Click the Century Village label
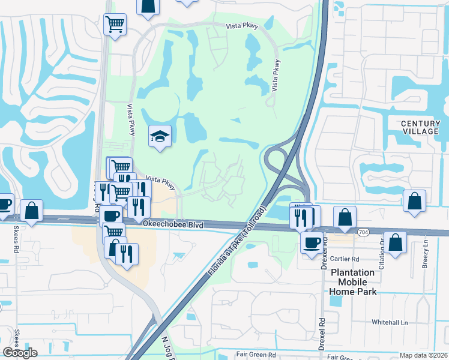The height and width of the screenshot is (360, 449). click(x=420, y=127)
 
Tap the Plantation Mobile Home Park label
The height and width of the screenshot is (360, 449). click(x=353, y=282)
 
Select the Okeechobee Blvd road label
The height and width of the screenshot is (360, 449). click(x=173, y=224)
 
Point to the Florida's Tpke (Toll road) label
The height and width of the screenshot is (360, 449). click(x=237, y=241)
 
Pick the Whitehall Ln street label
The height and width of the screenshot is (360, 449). click(x=390, y=322)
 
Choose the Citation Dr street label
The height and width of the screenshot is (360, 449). click(x=381, y=249)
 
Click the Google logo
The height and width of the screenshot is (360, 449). click(x=20, y=353)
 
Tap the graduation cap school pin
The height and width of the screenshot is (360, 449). click(x=160, y=137)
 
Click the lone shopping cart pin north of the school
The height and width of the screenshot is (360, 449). click(x=115, y=25)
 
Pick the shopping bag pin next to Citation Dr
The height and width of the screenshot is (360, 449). click(x=395, y=242)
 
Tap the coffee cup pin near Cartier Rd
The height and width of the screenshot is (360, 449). click(x=311, y=243)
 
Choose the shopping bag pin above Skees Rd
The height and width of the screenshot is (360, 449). click(x=31, y=210)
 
